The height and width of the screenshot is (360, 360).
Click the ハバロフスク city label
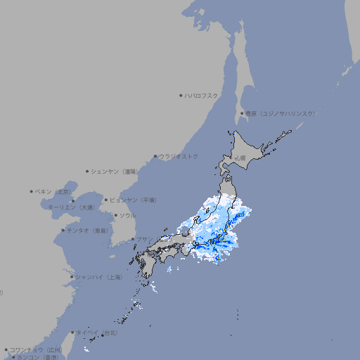pos(202,95)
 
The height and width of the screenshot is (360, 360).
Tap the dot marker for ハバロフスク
pos(181,95)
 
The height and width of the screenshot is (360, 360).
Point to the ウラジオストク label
pos(179,156)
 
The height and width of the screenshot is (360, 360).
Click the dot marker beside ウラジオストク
pos(155,156)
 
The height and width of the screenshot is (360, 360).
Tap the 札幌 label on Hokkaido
pos(240,158)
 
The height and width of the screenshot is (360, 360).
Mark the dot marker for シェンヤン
pos(87,171)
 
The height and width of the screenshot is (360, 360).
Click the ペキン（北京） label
pos(53,191)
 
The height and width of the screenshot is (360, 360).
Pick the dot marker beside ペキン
pos(32,191)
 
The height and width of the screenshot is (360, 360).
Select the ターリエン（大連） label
pos(71,207)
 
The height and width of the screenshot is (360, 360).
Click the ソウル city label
pos(127,215)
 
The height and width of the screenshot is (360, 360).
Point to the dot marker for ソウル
pos(115,215)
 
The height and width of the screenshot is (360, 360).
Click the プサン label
pos(144,239)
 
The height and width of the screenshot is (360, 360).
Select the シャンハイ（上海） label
pos(99,277)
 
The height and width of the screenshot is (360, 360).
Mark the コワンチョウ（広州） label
pos(36,349)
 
